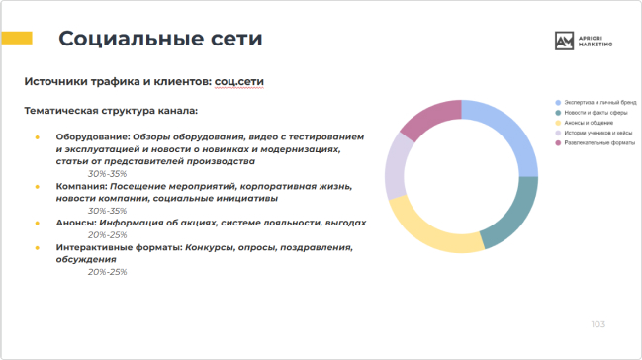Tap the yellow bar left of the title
tap(17, 39)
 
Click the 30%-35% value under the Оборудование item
tap(107, 172)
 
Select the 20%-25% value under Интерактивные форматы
tap(107, 271)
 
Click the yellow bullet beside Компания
tap(38, 185)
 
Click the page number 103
tap(597, 324)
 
